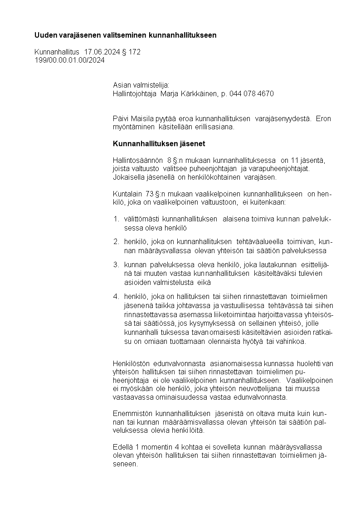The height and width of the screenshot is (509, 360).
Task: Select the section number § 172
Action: pyautogui.click(x=131, y=52)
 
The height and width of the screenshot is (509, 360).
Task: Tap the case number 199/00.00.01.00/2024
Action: pyautogui.click(x=69, y=60)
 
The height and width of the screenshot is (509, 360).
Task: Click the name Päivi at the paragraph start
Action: pyautogui.click(x=121, y=119)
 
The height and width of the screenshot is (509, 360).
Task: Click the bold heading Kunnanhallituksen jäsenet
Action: pyautogui.click(x=159, y=144)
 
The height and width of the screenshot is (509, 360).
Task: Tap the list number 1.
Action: pyautogui.click(x=116, y=220)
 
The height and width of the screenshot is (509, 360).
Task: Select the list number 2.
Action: pyautogui.click(x=116, y=241)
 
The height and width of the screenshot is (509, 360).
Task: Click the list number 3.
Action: pyautogui.click(x=116, y=264)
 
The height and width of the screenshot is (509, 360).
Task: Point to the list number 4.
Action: pyautogui.click(x=116, y=296)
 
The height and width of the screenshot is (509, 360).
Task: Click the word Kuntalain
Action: pyautogui.click(x=125, y=194)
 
